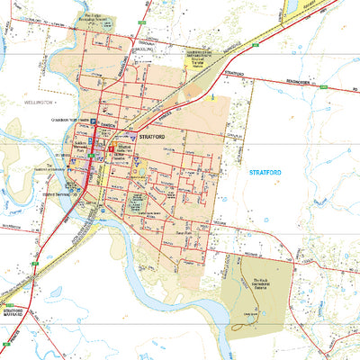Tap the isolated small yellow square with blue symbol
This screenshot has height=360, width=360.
[x=211, y=96]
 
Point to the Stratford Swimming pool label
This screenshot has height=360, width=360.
[x=59, y=192]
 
